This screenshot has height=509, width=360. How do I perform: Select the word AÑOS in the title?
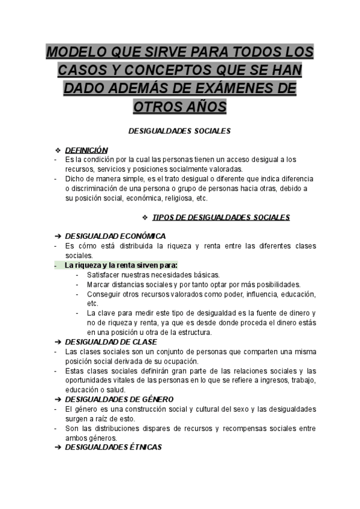pos(206,106)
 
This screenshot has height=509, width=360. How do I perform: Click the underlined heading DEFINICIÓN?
pos(86,150)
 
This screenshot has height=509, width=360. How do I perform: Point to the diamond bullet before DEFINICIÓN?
pos(58,150)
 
